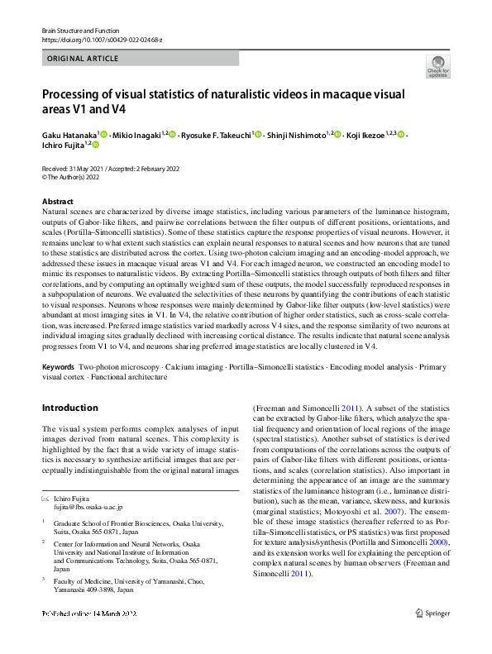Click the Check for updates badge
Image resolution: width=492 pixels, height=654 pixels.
click(437, 67)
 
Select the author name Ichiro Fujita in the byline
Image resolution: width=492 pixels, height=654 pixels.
click(63, 146)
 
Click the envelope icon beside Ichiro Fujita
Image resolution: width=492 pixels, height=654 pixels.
click(46, 498)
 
